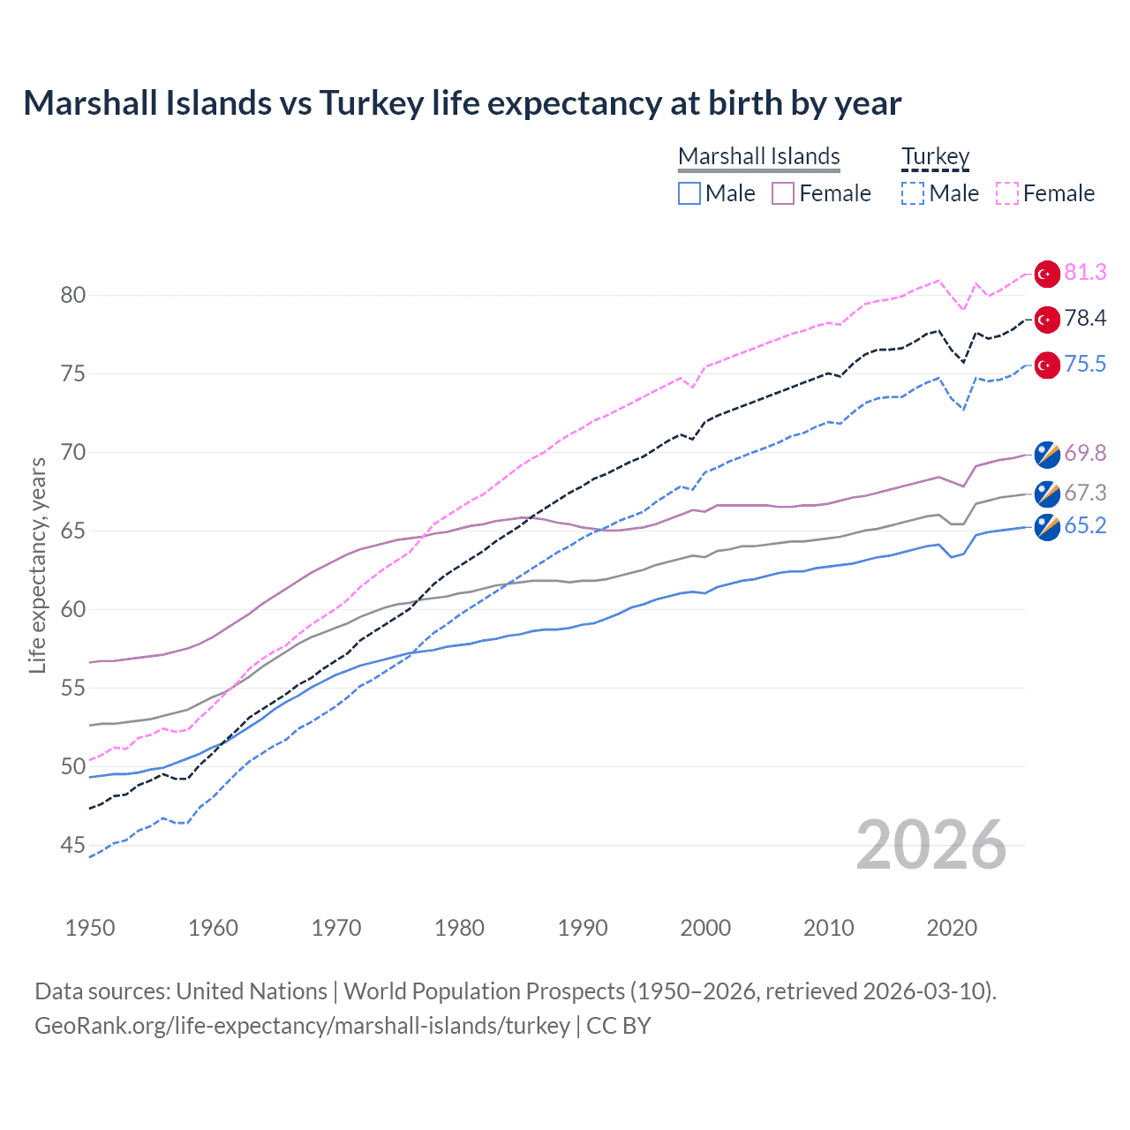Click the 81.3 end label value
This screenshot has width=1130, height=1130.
click(1085, 273)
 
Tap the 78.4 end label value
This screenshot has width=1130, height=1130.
click(1085, 319)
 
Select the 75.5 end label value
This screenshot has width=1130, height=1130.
click(1085, 365)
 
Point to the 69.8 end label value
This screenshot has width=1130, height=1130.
click(1085, 454)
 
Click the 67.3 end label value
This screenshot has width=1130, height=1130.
click(1085, 493)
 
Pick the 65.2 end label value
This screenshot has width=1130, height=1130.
click(1085, 526)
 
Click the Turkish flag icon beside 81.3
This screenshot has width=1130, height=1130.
click(1047, 274)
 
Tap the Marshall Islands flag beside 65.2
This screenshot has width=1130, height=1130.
click(1047, 527)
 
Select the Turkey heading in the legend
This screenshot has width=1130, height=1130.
click(935, 157)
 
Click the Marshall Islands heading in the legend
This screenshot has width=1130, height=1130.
click(758, 157)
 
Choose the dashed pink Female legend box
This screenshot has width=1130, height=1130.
click(1007, 193)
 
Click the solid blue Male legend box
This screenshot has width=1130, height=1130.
click(689, 193)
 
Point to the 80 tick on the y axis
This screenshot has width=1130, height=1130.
click(73, 295)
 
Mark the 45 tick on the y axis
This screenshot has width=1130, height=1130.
click(73, 846)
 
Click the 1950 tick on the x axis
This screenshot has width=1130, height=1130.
click(90, 928)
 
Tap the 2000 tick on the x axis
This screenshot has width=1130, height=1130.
click(705, 928)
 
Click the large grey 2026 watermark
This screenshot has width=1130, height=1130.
click(930, 846)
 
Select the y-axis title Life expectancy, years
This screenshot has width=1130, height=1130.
click(37, 565)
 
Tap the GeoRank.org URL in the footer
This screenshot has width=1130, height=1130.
click(302, 1026)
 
